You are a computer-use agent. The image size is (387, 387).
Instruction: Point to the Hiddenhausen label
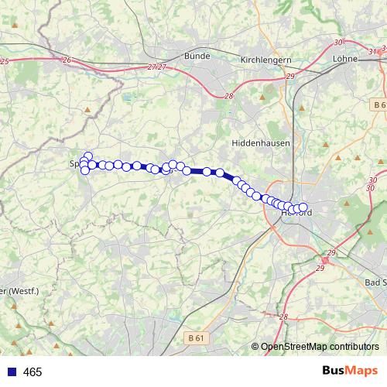(x=259, y=144)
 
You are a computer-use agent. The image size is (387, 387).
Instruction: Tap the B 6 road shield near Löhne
(x=378, y=104)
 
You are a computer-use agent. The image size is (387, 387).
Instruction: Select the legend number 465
(x=33, y=372)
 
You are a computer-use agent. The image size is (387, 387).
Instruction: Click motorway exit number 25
(x=5, y=60)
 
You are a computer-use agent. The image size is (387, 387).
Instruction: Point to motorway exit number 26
(x=67, y=60)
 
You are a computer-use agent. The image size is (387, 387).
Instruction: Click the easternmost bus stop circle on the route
(x=303, y=207)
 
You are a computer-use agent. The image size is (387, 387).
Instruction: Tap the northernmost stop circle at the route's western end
(x=88, y=156)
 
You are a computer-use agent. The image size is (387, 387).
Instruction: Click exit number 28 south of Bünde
(x=229, y=95)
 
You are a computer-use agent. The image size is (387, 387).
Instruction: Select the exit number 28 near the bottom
(x=283, y=317)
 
